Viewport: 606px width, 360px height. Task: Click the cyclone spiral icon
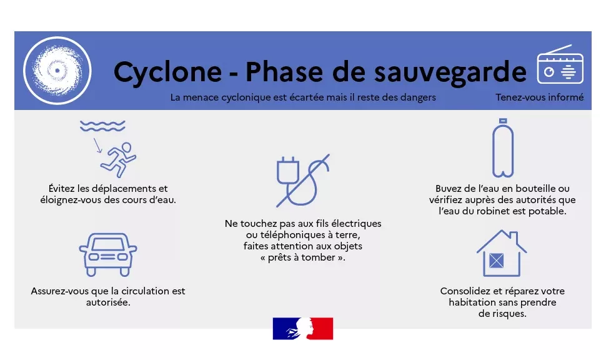pyautogui.click(x=57, y=71)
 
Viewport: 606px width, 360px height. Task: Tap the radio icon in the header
pyautogui.click(x=560, y=64)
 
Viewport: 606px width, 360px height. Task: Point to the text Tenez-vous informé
pyautogui.click(x=540, y=97)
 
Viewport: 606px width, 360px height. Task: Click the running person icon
pyautogui.click(x=119, y=160)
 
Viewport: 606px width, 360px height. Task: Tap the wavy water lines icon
pyautogui.click(x=102, y=126)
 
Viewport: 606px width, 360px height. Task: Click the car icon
pyautogui.click(x=108, y=254)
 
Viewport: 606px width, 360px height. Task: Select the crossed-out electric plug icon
pyautogui.click(x=303, y=180)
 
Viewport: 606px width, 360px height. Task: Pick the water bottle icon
pyautogui.click(x=503, y=147)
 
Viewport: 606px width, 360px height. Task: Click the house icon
pyautogui.click(x=501, y=253)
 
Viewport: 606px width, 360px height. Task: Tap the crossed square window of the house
pyautogui.click(x=496, y=261)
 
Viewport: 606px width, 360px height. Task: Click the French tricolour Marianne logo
pyautogui.click(x=303, y=329)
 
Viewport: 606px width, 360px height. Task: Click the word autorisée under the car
pyautogui.click(x=108, y=302)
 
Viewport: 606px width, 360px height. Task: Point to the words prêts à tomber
pyautogui.click(x=303, y=257)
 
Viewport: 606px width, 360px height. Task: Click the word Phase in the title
pyautogui.click(x=284, y=71)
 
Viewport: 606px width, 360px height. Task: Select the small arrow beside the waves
pyautogui.click(x=97, y=146)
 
